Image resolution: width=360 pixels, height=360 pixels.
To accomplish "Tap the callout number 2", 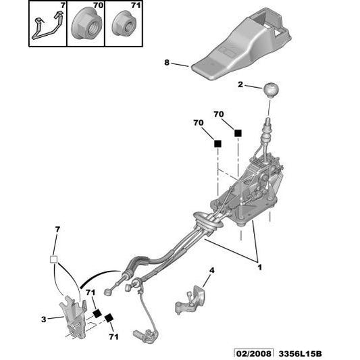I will click(x=240, y=84).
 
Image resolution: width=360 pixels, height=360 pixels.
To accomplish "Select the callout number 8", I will click(x=166, y=63).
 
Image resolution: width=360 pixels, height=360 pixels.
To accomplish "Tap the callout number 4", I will click(x=211, y=271).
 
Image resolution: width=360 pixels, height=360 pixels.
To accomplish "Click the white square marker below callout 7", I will click(x=56, y=259).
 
